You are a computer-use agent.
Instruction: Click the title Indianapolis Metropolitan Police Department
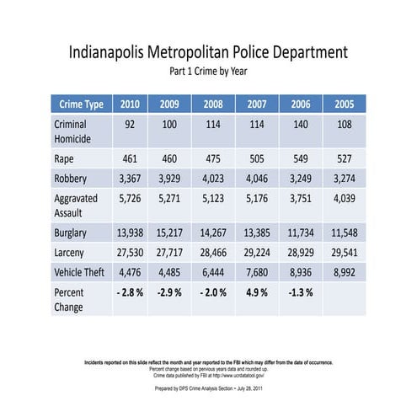(208, 52)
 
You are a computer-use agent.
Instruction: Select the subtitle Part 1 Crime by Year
(208, 72)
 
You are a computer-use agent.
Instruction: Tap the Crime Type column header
(82, 104)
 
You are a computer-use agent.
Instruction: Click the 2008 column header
(212, 104)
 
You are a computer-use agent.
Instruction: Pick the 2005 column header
(343, 104)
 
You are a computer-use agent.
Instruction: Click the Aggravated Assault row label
(78, 205)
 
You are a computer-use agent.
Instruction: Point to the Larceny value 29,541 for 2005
(343, 252)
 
